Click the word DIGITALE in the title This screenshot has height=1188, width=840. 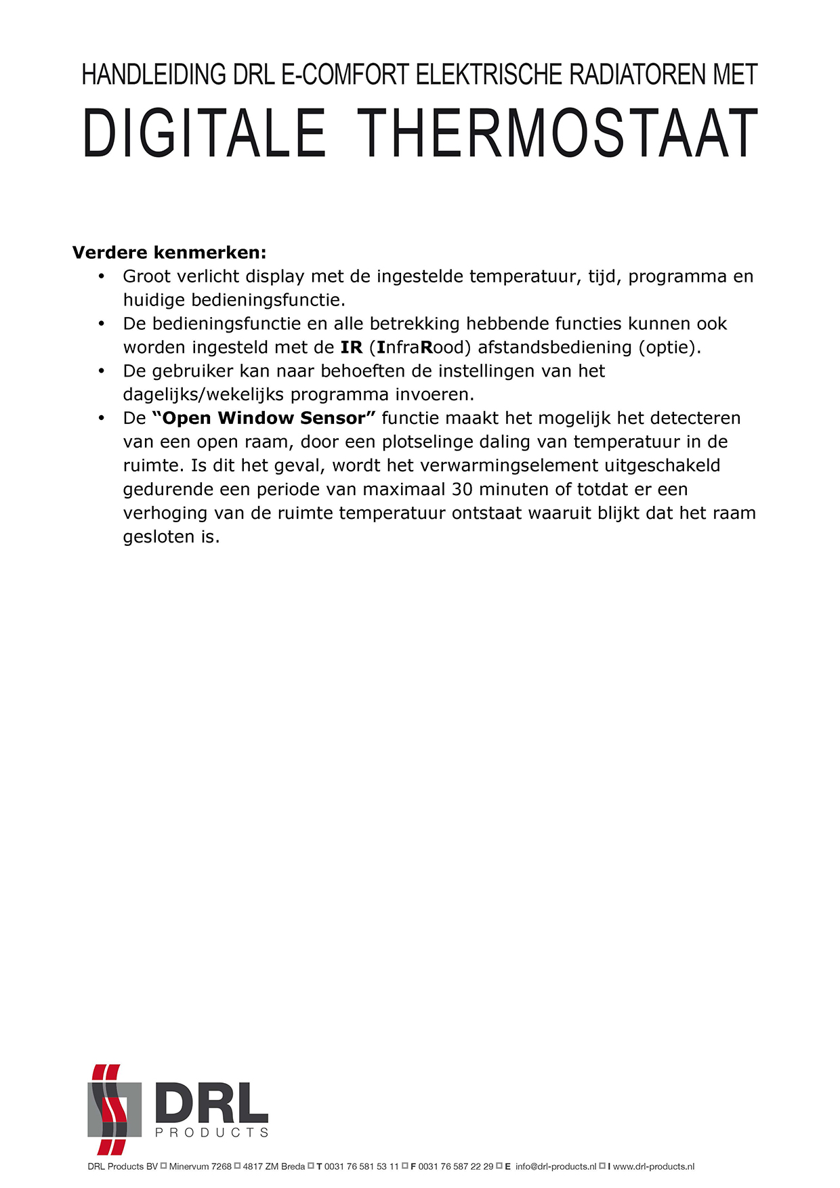(x=204, y=133)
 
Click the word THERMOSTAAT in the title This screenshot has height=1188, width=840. (x=556, y=133)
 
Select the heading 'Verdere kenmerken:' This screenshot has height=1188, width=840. (x=169, y=253)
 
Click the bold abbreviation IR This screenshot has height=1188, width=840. (x=352, y=347)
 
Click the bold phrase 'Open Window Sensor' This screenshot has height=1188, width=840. (x=264, y=419)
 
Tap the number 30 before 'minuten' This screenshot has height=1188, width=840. (x=462, y=490)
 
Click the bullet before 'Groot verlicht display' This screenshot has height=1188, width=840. (x=102, y=276)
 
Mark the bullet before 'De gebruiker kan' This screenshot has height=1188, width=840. (x=102, y=371)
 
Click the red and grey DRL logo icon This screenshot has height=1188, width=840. (x=114, y=1109)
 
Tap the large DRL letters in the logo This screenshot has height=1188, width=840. (x=211, y=1103)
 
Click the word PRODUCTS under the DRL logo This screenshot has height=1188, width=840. (x=211, y=1132)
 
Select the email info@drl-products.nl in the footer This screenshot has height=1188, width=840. (x=555, y=1166)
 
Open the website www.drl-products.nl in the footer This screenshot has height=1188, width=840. (x=654, y=1166)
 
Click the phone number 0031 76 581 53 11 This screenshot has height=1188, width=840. (x=362, y=1166)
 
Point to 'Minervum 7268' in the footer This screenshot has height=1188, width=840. (x=201, y=1166)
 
